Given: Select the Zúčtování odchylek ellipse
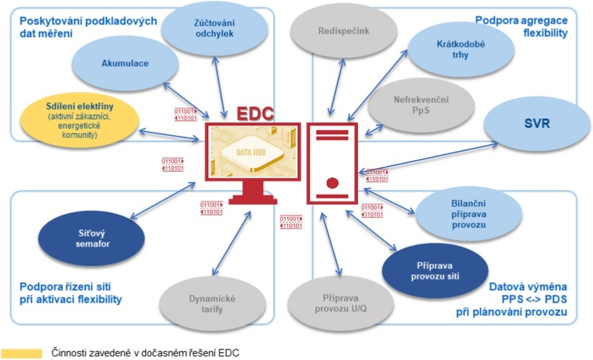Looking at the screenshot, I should tap(214, 27).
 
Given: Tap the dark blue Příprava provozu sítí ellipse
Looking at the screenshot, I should tap(434, 270).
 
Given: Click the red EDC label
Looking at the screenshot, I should tap(255, 115).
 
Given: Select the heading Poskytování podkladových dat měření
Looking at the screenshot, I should tap(88, 27).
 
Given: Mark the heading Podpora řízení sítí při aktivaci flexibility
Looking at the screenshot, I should tap(71, 294).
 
